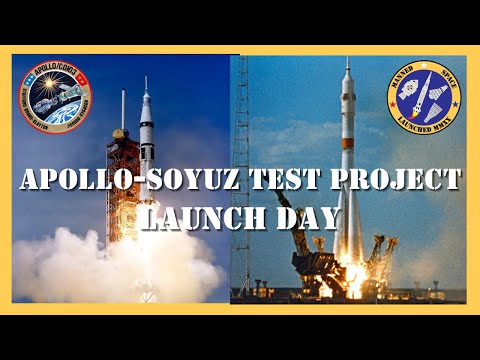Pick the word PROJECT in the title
coord(391,182)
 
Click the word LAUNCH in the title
coord(204,215)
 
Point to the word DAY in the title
coord(301,215)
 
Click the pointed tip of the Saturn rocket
coord(146,80)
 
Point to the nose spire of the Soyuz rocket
coord(347,65)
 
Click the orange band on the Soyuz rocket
coord(347,160)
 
